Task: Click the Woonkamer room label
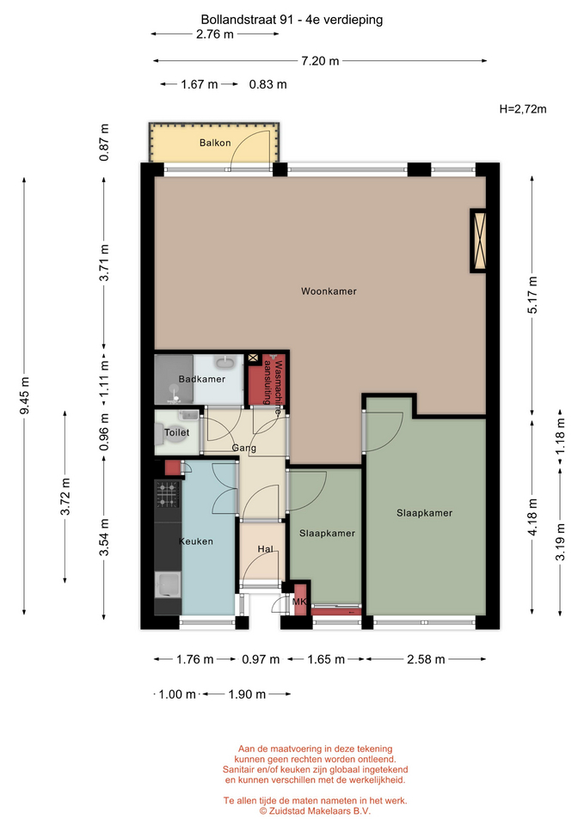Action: point(329,291)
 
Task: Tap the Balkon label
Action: point(215,143)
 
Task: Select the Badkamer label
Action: point(201,379)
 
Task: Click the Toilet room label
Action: point(176,432)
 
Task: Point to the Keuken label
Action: point(196,541)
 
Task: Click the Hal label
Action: point(266,549)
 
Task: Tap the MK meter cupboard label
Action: point(299,602)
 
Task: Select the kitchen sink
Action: point(168,584)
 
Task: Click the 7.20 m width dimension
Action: point(320,61)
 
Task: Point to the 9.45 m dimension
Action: point(24,395)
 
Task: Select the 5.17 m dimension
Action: point(532,295)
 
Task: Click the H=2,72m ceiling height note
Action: point(523,109)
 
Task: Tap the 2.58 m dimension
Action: point(426,659)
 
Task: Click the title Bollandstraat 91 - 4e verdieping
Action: point(292,20)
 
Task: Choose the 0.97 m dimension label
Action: point(261,659)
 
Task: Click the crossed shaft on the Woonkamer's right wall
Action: point(478,241)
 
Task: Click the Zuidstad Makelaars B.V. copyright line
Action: point(315,810)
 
